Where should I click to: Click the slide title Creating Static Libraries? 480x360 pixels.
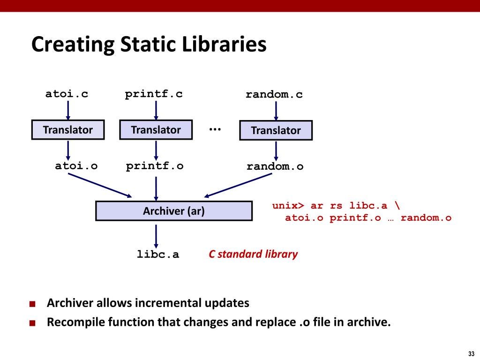[149, 45]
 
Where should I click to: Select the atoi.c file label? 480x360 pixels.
[67, 94]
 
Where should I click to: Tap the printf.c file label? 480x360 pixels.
[154, 94]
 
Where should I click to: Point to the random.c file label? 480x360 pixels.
[274, 95]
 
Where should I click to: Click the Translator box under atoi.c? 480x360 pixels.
[68, 130]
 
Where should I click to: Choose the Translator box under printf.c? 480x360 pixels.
[156, 130]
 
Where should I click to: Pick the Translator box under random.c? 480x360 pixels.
[276, 130]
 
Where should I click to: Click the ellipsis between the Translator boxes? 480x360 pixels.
[215, 129]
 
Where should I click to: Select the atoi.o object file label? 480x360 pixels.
[76, 166]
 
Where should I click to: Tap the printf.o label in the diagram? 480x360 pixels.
[155, 166]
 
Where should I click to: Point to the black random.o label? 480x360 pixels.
[275, 166]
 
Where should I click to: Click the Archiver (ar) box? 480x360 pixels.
[174, 211]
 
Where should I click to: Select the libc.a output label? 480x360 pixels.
[158, 255]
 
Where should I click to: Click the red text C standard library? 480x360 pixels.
[253, 255]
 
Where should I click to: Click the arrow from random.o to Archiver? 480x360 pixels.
[238, 185]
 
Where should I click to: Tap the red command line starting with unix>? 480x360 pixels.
[337, 206]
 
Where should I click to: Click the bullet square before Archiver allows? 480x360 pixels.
[32, 304]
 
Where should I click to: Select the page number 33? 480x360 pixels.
[471, 353]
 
